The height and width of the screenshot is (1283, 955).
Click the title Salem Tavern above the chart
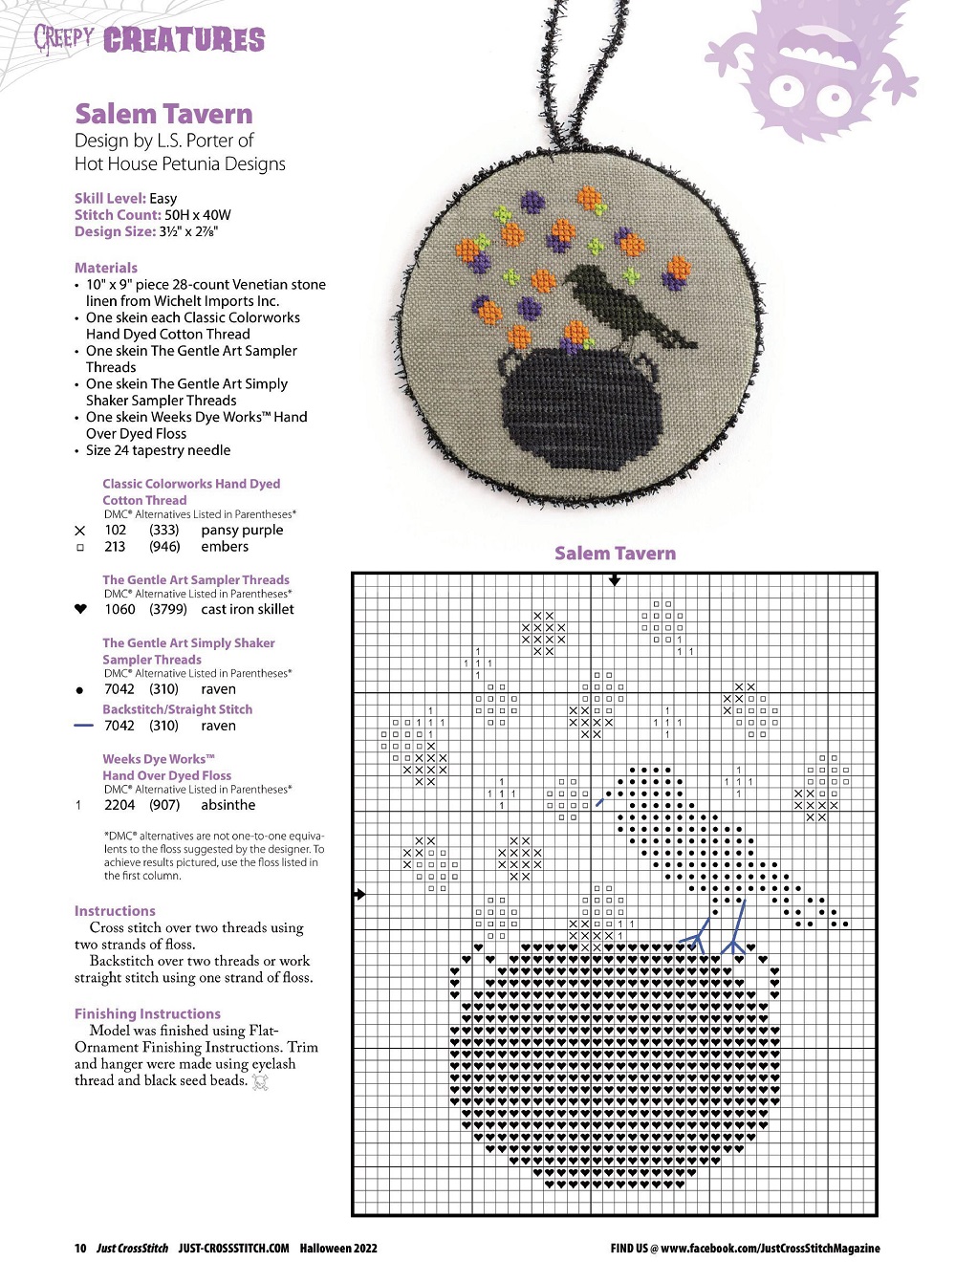615,554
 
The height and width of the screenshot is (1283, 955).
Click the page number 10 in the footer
80,1248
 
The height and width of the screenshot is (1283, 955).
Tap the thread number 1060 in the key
119,609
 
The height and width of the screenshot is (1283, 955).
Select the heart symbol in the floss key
80,609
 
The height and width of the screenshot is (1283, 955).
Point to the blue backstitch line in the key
83,726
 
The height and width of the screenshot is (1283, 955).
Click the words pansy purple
242,530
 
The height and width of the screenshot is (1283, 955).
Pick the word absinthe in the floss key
228,805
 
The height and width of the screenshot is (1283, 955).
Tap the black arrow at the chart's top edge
615,580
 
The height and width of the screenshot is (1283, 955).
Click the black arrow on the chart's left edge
359,895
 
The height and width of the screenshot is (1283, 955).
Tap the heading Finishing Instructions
147,1013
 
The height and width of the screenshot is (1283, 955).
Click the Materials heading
106,268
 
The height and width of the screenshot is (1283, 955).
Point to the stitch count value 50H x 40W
197,215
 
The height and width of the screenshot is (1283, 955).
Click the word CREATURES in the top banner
184,40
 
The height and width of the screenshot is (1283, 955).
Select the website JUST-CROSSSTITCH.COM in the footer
233,1248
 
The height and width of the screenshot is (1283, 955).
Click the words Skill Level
109,198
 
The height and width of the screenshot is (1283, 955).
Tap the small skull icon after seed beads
259,1081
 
